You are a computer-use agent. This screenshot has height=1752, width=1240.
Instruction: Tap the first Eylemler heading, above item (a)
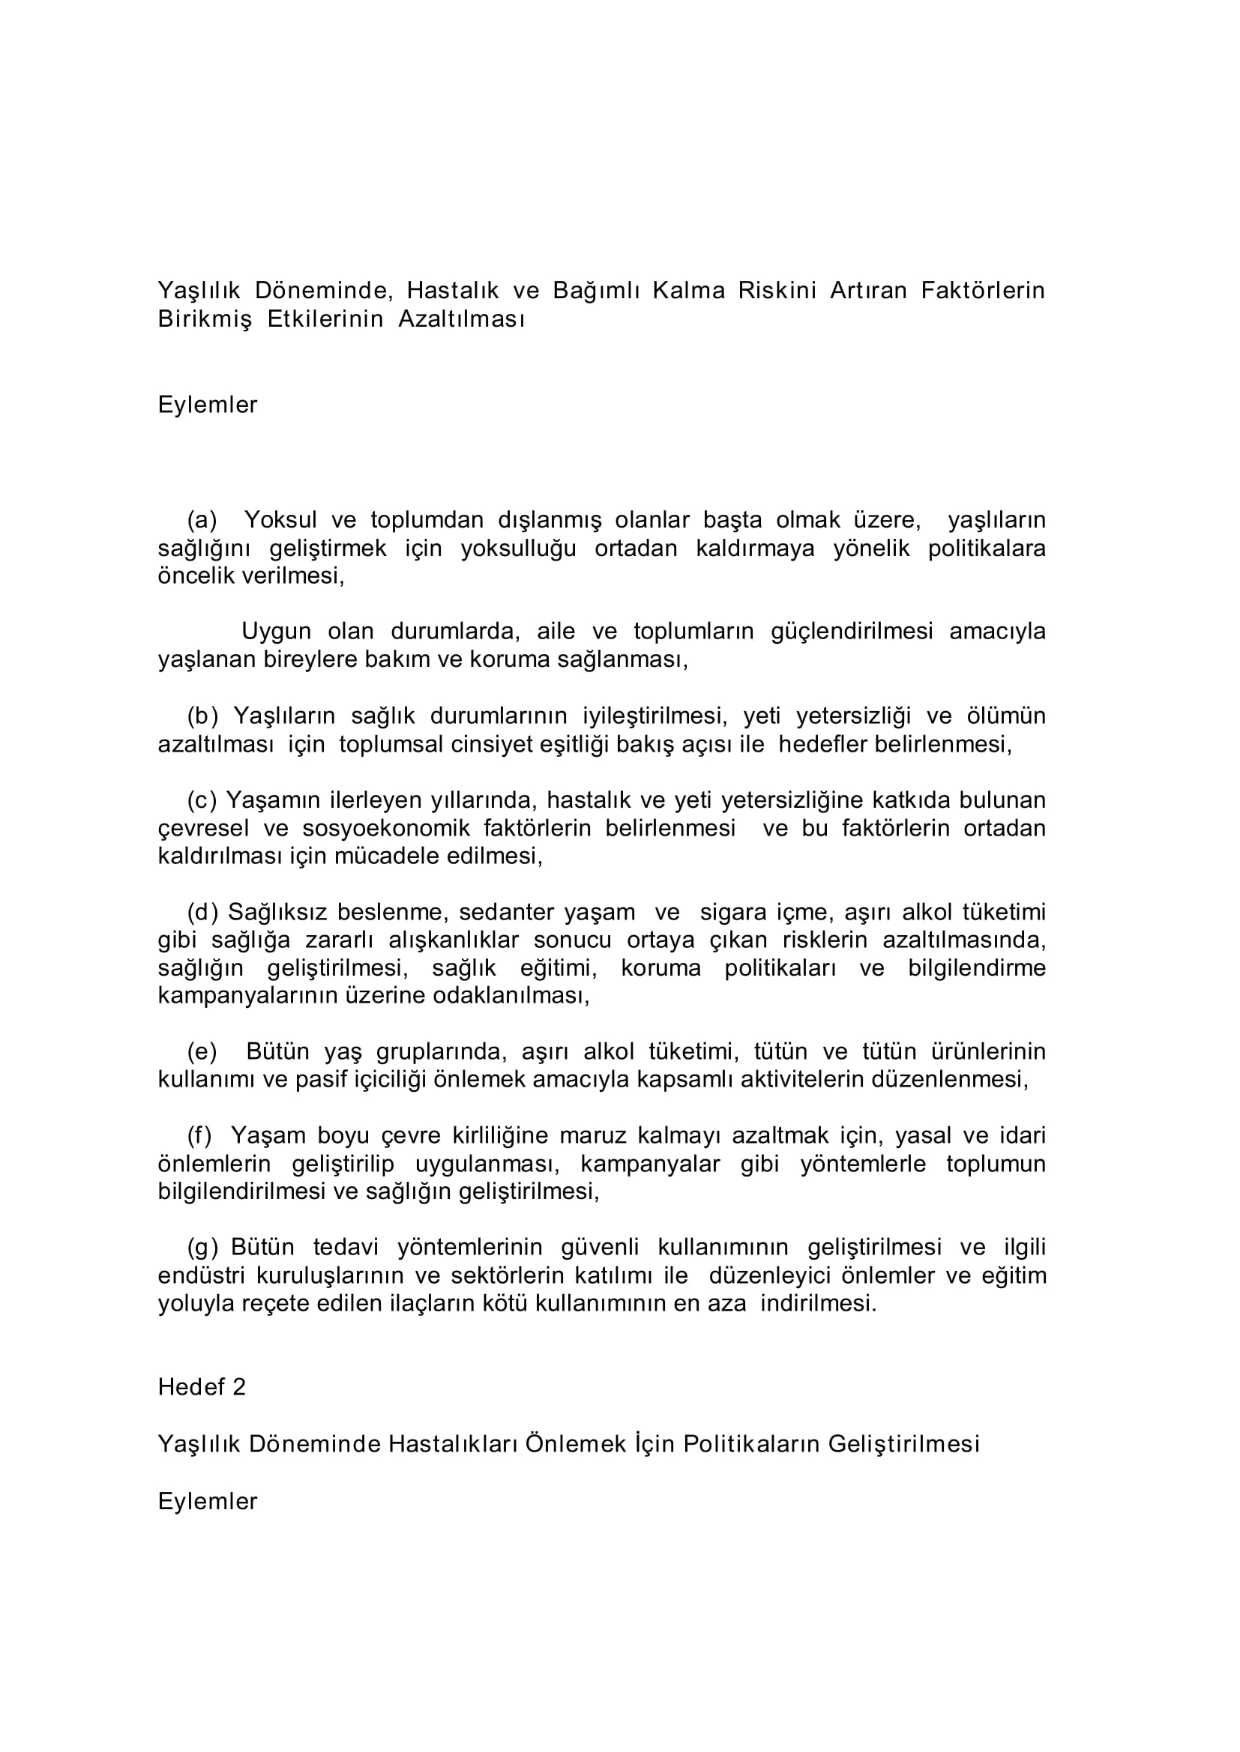coord(208,405)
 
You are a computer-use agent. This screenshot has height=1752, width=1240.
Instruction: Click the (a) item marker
coord(202,520)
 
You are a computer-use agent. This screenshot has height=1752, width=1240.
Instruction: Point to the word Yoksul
coord(280,520)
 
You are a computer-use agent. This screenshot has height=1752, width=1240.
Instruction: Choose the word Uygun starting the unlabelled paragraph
coord(277,632)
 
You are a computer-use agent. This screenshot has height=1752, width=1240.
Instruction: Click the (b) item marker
coord(202,716)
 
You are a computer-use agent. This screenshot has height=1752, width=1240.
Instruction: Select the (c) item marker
coord(202,800)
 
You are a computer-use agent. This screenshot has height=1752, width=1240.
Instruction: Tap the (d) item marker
coord(202,913)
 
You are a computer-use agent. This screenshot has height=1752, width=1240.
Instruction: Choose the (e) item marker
coord(202,1052)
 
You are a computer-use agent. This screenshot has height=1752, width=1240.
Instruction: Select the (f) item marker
coord(199,1136)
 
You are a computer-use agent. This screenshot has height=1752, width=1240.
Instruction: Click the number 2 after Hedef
coord(238,1387)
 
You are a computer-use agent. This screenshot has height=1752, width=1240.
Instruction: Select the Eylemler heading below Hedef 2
coord(208,1502)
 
